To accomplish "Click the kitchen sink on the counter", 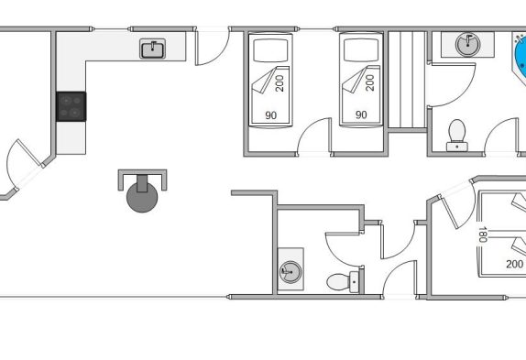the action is (x=153, y=49).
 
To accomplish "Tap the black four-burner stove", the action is (x=71, y=106).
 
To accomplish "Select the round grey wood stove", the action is (x=142, y=197).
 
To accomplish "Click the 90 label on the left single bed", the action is (x=271, y=115).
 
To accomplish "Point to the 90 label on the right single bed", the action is (x=361, y=115).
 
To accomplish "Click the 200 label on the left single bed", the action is (x=279, y=83).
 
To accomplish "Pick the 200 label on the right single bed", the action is (x=370, y=82).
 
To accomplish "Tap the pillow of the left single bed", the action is (x=270, y=50).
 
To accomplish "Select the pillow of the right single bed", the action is (x=361, y=50).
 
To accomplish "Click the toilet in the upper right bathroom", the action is (x=457, y=136).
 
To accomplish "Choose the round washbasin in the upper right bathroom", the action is (x=468, y=44).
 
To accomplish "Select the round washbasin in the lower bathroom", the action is (x=290, y=272).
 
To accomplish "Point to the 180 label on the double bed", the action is (x=483, y=235).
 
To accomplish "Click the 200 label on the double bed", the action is (x=515, y=264).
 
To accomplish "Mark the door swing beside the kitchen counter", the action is (x=213, y=47).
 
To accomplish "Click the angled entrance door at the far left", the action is (x=24, y=165).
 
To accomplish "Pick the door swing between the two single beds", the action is (x=314, y=136).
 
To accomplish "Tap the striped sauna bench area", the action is (x=407, y=80).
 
